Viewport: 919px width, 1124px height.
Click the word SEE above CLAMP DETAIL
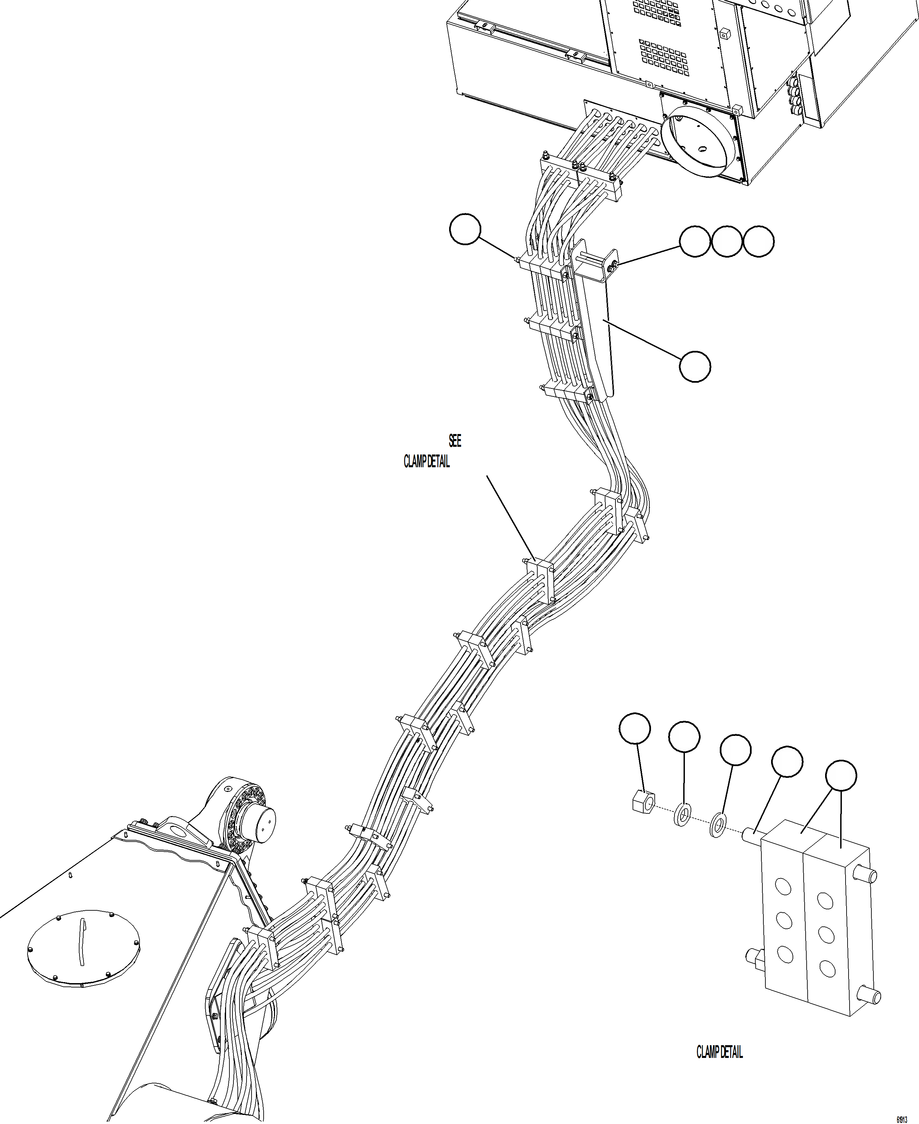[x=455, y=440]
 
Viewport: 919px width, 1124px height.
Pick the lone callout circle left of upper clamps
[x=465, y=229]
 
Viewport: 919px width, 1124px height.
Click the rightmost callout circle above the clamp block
[x=841, y=775]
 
